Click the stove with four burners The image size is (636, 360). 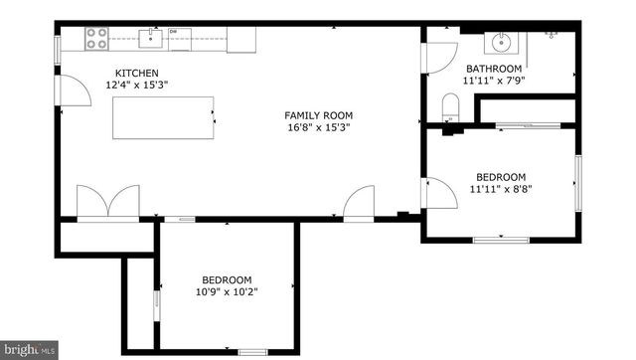coord(96,39)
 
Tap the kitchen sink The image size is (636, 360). coord(151,39)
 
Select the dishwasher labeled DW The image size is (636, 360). coord(179,38)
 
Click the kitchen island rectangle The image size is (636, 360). coord(163,118)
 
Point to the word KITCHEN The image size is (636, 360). coord(135,74)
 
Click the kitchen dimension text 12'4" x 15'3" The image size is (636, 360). coord(135,86)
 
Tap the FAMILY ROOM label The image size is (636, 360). coord(319,115)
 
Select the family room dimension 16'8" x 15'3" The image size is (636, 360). coord(319,127)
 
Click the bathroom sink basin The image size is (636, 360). coord(501,43)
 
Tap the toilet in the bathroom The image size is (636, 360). coord(450,107)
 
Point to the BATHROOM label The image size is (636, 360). coord(493,69)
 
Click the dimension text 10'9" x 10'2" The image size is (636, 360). coord(228,291)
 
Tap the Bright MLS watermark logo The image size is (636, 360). coord(29,350)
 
